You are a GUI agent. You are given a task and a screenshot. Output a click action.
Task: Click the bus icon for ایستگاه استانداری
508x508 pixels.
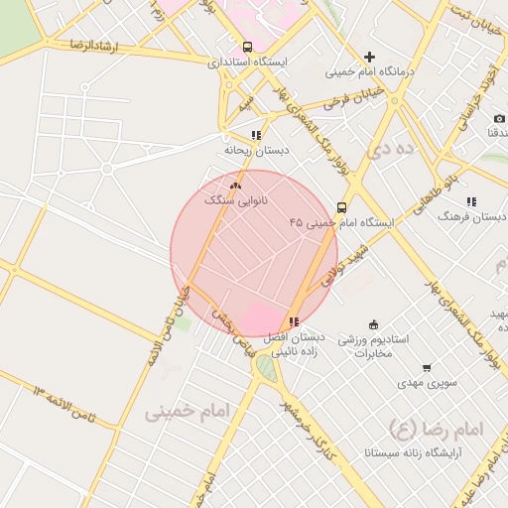247,46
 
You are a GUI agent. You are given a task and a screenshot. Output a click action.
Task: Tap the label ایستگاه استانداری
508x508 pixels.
247,62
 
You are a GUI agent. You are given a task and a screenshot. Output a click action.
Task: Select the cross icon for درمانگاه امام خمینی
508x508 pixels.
370,57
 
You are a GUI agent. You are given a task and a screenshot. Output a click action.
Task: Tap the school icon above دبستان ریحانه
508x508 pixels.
256,135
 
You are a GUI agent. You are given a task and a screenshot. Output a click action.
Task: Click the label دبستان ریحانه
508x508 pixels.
256,151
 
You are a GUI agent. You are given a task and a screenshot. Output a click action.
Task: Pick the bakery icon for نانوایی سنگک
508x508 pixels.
235,186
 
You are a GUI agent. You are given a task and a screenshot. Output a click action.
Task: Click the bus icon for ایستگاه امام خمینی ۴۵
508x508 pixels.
342,207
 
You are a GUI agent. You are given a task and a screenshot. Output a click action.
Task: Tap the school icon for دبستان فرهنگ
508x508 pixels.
470,200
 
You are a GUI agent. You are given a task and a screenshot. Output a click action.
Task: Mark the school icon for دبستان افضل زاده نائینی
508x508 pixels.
293,321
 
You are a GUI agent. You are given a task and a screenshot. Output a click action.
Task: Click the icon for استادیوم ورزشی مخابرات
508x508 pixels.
373,324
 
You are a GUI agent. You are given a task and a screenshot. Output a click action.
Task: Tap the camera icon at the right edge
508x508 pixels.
499,118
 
